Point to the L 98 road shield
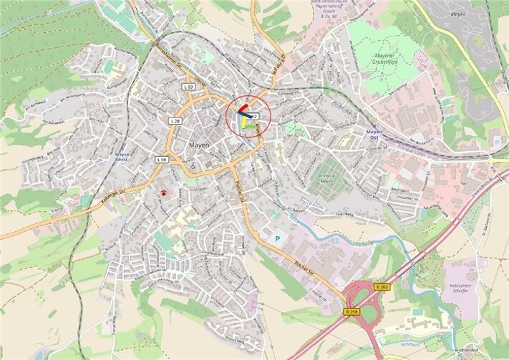[162, 159]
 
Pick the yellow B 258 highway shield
[351, 311]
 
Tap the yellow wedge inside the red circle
[244, 124]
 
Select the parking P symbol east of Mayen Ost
[496, 142]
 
